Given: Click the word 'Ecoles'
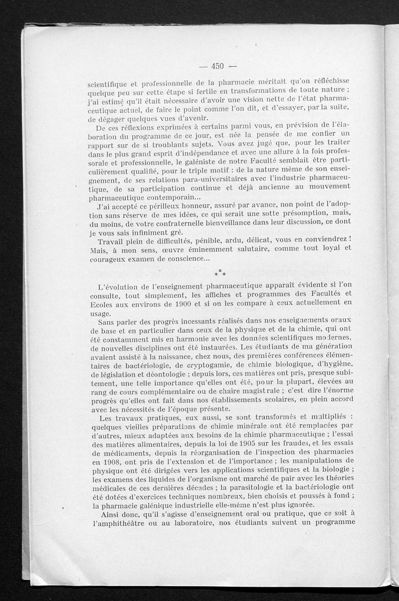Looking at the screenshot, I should point(99,302).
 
